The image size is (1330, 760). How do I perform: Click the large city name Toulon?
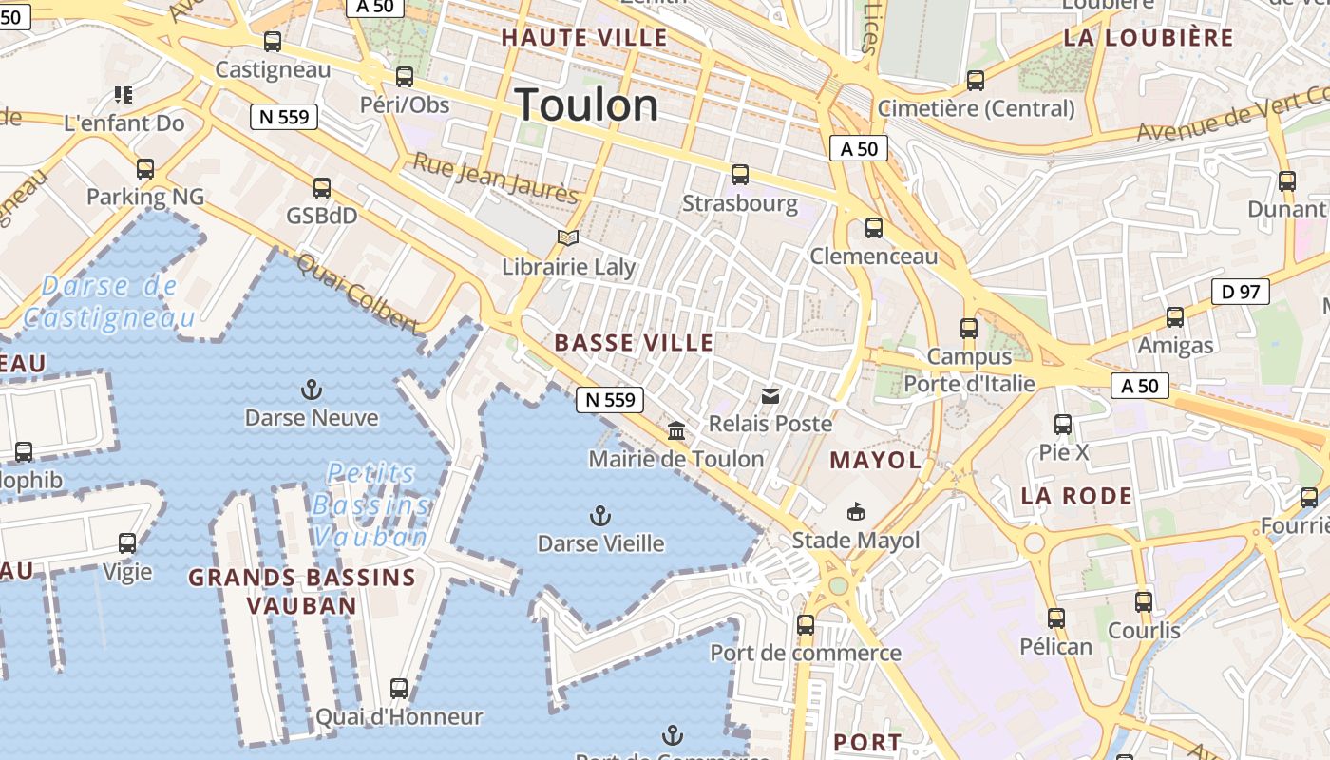(x=587, y=104)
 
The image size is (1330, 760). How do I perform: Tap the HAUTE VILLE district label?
(x=584, y=38)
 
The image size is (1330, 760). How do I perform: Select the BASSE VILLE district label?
(x=634, y=343)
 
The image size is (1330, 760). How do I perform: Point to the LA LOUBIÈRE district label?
(x=1149, y=38)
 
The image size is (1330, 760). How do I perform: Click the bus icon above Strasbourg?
(x=740, y=175)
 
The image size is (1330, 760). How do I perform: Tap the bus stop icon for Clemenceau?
(x=873, y=228)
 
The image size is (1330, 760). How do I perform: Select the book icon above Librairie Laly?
(x=568, y=237)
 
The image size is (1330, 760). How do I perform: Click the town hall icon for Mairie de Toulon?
(x=676, y=431)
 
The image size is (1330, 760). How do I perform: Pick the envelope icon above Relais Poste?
(x=770, y=395)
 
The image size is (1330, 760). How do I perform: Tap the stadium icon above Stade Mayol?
(x=856, y=511)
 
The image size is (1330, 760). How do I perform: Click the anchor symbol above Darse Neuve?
(x=311, y=389)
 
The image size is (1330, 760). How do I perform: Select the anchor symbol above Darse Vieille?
(x=599, y=516)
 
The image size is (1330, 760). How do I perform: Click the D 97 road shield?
(x=1241, y=292)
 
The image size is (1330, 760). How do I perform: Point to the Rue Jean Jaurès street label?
(x=495, y=178)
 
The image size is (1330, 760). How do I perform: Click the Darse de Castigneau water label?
(x=109, y=301)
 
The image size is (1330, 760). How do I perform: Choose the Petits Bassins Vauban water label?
(x=370, y=504)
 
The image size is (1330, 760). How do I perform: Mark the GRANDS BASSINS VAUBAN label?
(x=302, y=591)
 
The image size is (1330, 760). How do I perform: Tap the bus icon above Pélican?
(x=1055, y=618)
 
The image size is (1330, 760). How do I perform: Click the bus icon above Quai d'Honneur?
(x=399, y=689)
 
